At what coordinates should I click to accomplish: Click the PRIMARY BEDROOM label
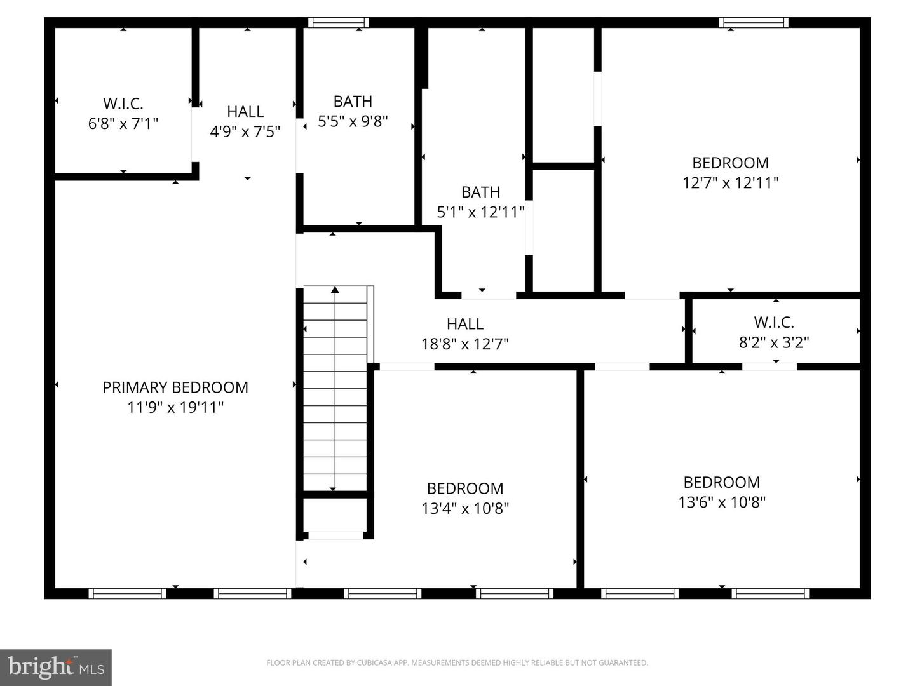pos(175,387)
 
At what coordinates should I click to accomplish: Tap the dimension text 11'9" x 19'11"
pos(175,407)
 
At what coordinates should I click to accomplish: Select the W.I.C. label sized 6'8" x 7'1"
pos(123,104)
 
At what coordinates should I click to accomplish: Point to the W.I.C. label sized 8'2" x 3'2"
pos(774,322)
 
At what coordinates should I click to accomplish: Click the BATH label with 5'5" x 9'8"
pos(353,102)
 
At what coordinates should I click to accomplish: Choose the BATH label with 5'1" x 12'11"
pos(480,192)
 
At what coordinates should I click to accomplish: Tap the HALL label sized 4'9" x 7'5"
pos(245,111)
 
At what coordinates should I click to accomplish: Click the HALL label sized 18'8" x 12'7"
pos(465,324)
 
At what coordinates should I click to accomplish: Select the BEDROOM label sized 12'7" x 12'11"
pos(730,163)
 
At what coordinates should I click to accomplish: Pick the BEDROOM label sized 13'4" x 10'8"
pos(465,488)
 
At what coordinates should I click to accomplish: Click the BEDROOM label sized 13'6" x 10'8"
pos(722,482)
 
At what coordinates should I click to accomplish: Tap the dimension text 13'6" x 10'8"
pos(722,502)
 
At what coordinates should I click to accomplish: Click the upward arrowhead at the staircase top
pos(335,290)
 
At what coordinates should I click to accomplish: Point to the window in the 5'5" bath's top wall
pos(338,23)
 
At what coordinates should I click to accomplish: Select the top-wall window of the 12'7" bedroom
pos(754,23)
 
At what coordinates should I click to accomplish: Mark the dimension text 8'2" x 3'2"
pos(774,342)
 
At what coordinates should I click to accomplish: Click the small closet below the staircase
pos(335,514)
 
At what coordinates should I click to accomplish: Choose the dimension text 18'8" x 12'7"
pos(465,344)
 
